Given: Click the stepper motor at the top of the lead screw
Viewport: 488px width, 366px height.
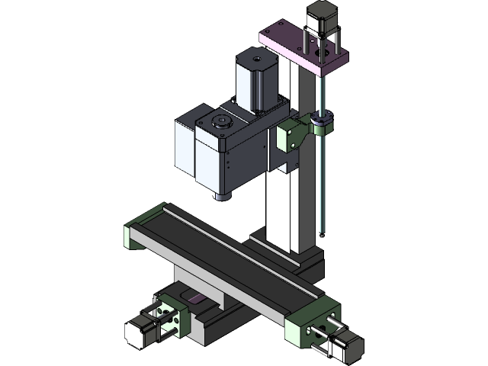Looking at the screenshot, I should point(321,17).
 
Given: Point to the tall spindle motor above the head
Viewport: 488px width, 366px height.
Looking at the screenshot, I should point(254,80).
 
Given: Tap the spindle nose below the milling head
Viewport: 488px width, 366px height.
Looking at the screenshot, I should point(221,196).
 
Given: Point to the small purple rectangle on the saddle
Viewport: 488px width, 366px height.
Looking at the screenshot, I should point(196,299).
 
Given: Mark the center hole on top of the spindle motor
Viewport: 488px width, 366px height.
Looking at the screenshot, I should point(256,56).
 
